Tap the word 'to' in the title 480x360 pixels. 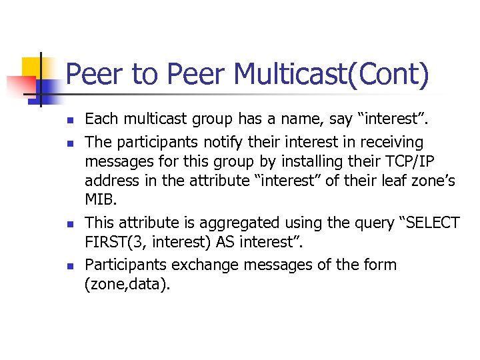click(144, 74)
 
